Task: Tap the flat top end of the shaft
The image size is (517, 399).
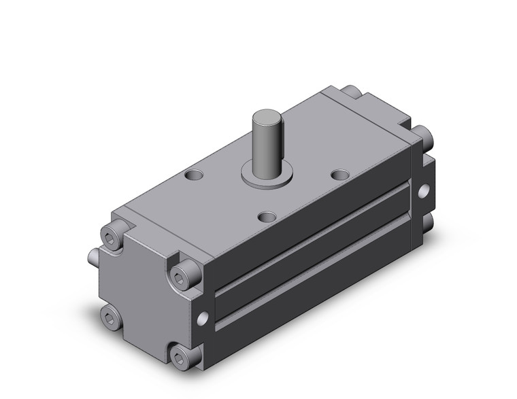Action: coord(265,114)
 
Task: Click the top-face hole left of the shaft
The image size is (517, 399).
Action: coord(196,175)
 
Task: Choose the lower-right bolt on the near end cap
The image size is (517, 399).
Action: coord(180,355)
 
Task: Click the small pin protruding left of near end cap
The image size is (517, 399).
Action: coord(95,258)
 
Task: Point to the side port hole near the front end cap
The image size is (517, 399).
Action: coord(203,317)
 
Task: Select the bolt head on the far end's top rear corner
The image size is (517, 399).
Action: coord(350,92)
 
